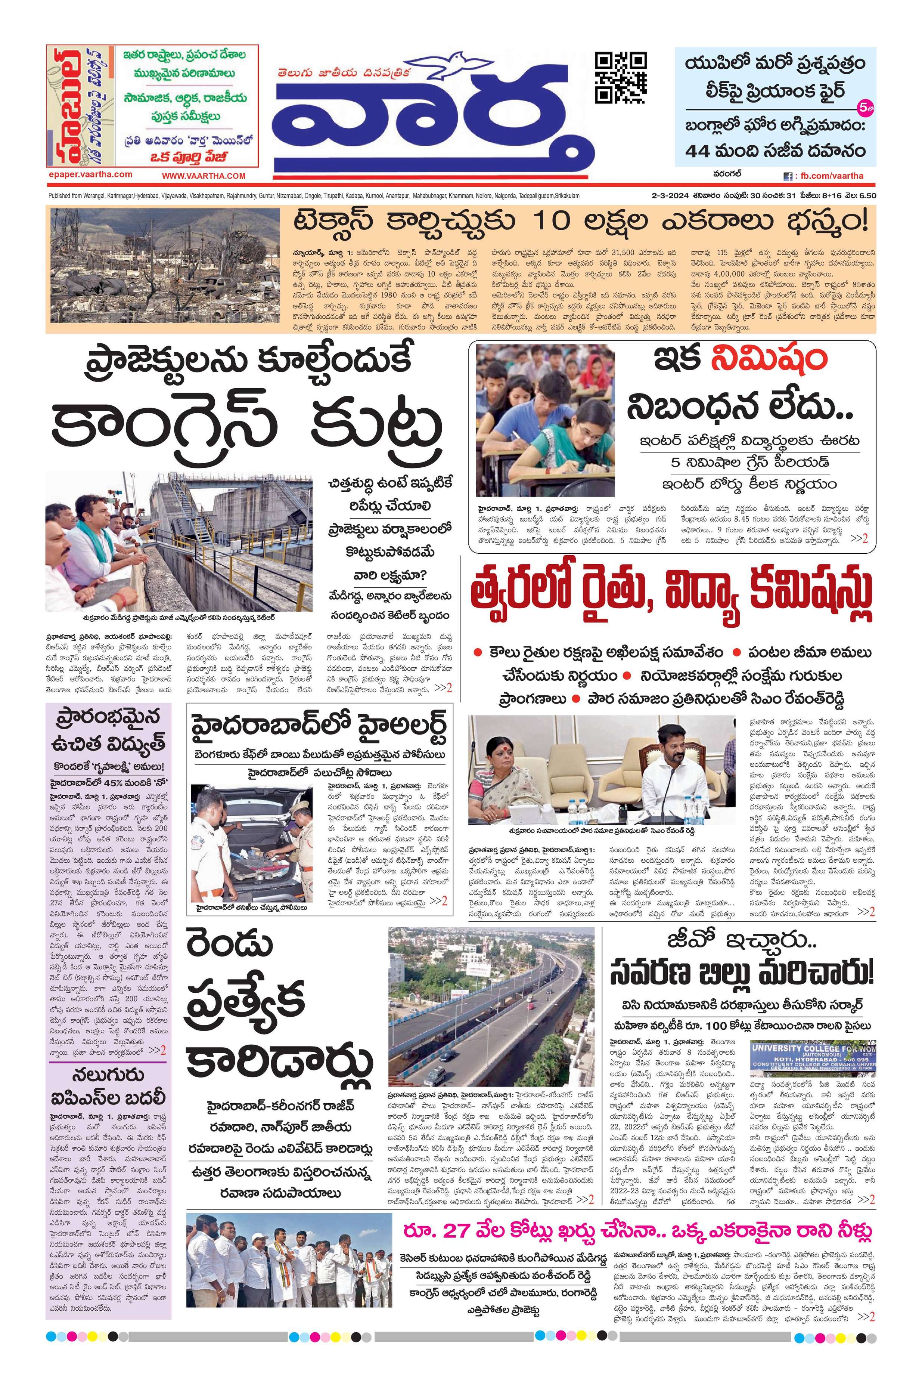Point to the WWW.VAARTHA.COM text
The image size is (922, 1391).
tap(204, 176)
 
